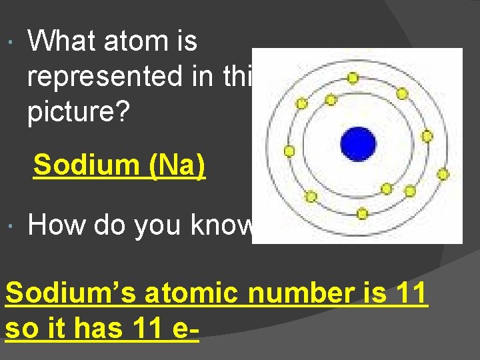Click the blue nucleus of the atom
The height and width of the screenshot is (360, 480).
[358, 144]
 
